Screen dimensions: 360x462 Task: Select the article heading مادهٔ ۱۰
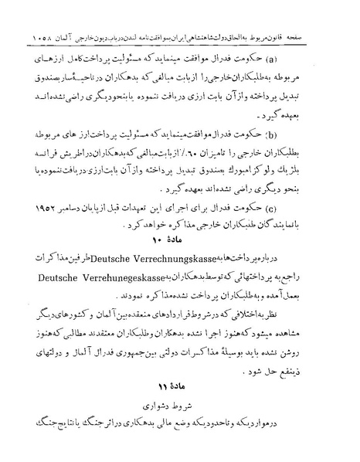click(181, 242)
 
